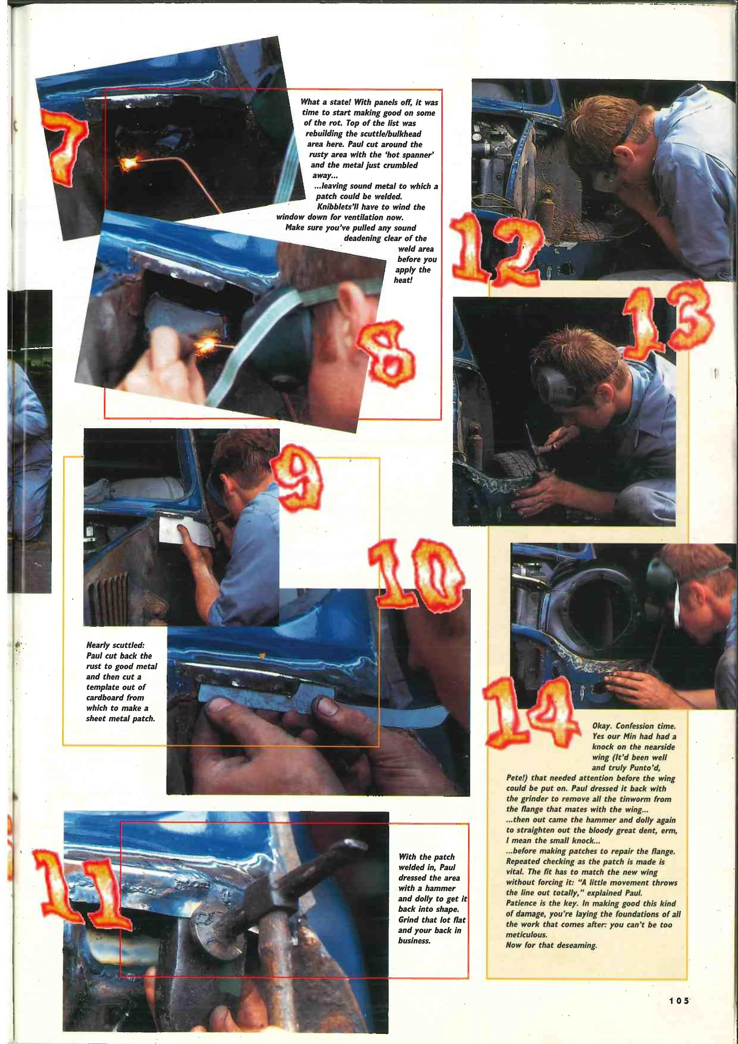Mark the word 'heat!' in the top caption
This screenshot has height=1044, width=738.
coord(403,281)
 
